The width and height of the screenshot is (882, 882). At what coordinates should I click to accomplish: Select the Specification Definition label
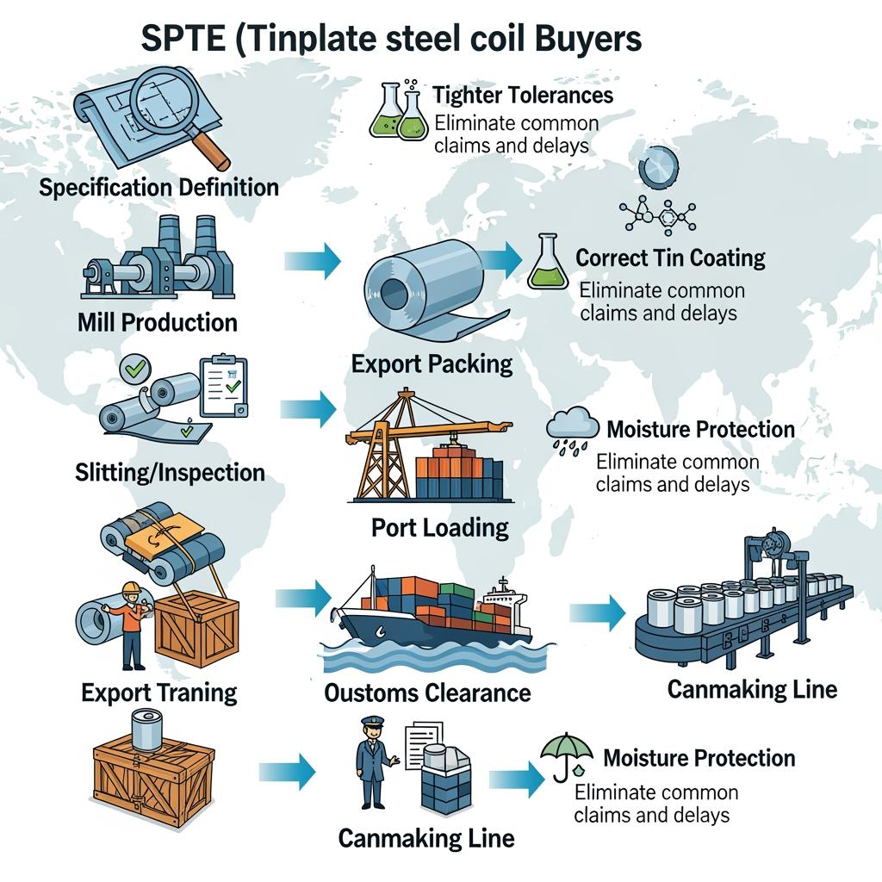coord(158,187)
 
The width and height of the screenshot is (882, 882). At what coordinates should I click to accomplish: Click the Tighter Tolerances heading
coord(523,94)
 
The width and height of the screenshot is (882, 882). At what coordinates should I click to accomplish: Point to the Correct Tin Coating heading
coord(670,258)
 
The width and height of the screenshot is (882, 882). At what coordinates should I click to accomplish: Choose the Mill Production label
coord(157,322)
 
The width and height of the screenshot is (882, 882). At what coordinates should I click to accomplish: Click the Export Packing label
coord(432,363)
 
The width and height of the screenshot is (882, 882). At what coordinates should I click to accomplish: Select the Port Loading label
coord(440,526)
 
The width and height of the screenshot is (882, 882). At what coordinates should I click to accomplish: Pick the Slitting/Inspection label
coord(169,472)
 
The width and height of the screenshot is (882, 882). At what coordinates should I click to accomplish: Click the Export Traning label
coord(159,692)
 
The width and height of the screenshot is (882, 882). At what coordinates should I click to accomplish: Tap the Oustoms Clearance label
coord(427,692)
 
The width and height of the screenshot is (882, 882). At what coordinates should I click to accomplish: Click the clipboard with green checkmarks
coord(222,386)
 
